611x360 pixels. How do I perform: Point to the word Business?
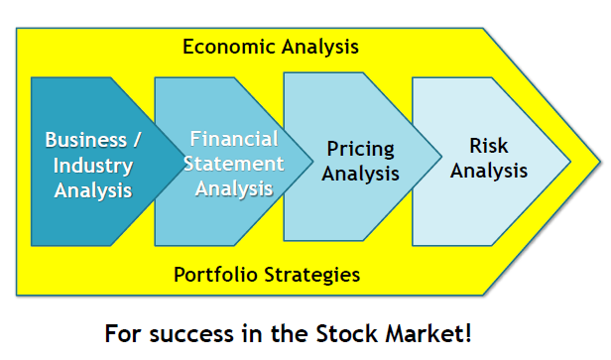82,140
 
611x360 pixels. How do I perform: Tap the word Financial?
234,140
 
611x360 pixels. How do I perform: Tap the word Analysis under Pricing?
362,173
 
